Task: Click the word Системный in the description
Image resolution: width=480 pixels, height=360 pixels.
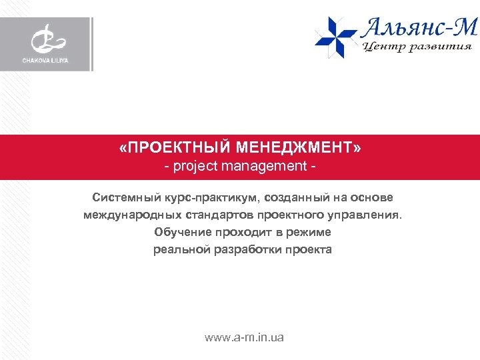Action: point(124,198)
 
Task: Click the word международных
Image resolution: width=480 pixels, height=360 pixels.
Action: point(127,215)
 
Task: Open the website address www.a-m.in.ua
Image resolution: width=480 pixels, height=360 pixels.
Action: point(244,338)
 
